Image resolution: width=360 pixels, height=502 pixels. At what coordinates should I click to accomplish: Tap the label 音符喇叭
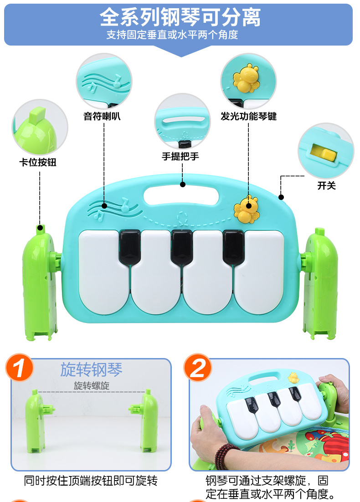[x=102, y=116]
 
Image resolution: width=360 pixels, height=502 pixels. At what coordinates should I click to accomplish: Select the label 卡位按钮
[x=38, y=162]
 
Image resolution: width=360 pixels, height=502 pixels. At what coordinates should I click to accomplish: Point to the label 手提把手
[x=180, y=156]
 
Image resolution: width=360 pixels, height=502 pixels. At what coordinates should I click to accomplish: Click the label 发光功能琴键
[x=248, y=116]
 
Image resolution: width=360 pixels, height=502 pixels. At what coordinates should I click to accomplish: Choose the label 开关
[x=326, y=185]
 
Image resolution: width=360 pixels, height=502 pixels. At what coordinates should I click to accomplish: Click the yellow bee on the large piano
[x=246, y=209]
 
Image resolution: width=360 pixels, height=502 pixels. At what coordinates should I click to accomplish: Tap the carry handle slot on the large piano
[x=182, y=195]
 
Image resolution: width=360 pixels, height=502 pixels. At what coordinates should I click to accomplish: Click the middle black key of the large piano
[x=182, y=247]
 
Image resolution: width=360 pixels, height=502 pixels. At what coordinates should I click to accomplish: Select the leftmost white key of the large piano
[x=104, y=272]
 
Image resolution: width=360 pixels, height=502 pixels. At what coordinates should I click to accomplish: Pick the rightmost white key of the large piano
[x=259, y=272]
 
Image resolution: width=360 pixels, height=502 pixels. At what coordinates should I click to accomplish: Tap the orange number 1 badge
[x=19, y=368]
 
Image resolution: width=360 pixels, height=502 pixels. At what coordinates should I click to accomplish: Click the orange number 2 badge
[x=197, y=368]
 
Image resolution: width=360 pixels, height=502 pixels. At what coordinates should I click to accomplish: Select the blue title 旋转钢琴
[x=92, y=369]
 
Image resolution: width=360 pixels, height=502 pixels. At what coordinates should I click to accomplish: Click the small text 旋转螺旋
[x=92, y=385]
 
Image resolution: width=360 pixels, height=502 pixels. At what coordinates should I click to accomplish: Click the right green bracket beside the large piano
[x=319, y=283]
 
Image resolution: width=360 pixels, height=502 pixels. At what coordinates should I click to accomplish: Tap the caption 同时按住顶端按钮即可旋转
[x=91, y=481]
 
